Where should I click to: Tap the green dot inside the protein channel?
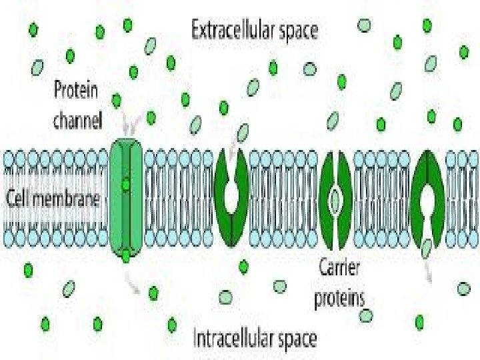click(x=125, y=183)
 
